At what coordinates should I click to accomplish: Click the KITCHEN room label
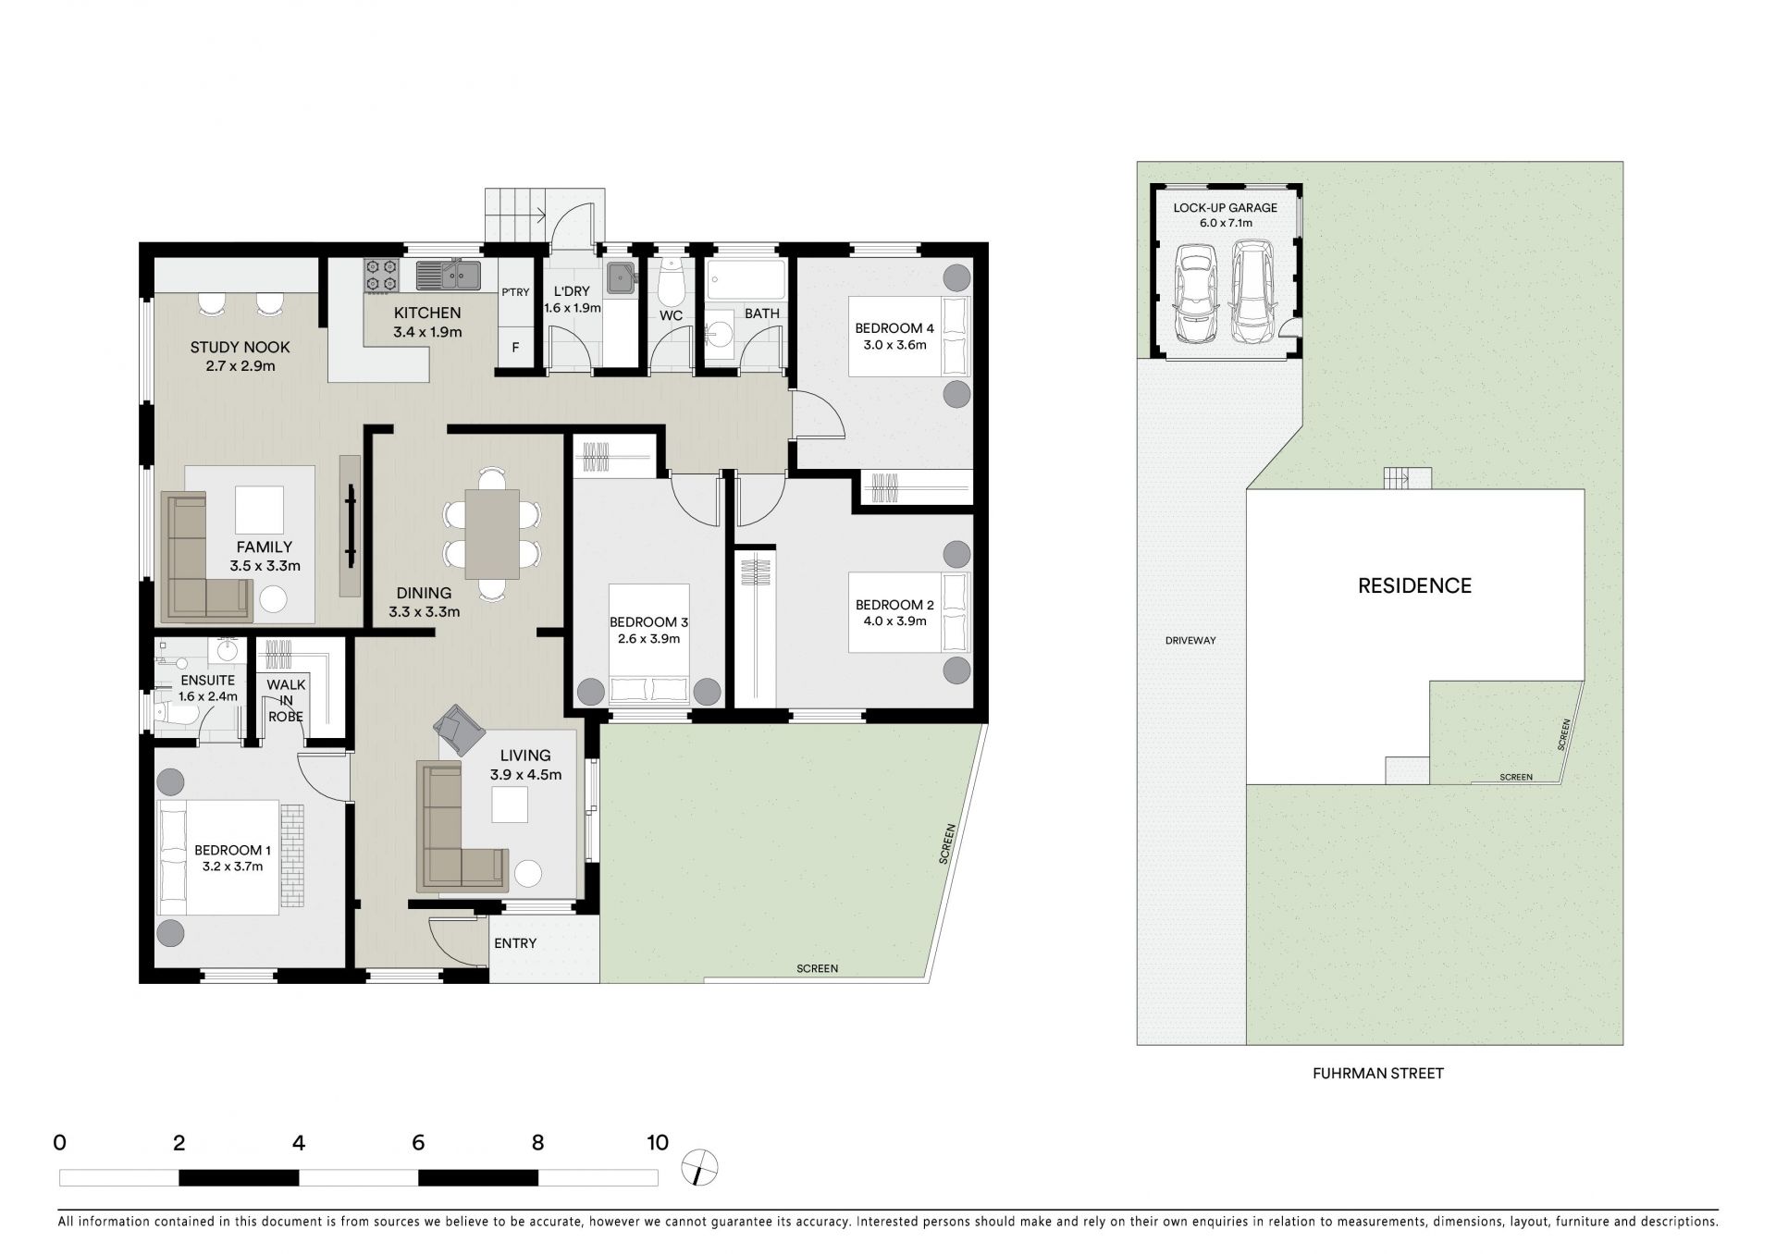(427, 313)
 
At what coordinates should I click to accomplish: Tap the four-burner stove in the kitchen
(380, 275)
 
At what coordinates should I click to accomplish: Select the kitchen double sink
(449, 275)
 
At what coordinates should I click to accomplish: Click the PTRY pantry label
(515, 292)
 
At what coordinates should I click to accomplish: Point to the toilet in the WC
(672, 280)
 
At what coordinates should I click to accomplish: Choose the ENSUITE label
(208, 681)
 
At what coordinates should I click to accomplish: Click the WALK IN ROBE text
(286, 700)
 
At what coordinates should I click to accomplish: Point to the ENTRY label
(515, 943)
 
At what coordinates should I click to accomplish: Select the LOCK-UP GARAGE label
(1226, 208)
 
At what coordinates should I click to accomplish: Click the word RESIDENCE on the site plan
(1414, 585)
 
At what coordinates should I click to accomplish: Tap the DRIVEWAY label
(1190, 640)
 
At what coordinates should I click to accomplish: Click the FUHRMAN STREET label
(1378, 1074)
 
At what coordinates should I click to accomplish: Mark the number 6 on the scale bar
(418, 1143)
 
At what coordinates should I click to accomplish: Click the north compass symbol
(700, 1167)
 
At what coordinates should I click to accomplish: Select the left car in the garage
(1194, 294)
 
